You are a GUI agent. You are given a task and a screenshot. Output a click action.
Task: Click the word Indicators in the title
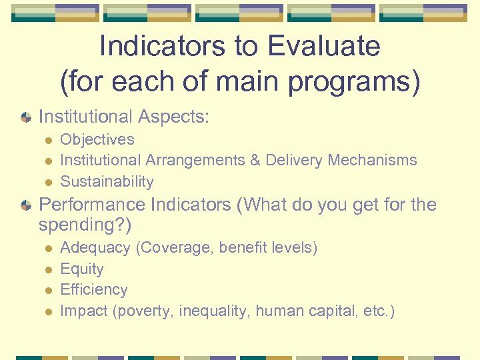point(171,47)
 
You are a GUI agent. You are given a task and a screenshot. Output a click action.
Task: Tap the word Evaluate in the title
point(324,47)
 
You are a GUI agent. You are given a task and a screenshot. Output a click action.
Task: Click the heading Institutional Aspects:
point(124,117)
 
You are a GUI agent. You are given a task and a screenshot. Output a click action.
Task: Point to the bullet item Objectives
point(97,139)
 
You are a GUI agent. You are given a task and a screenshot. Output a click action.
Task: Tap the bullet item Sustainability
point(107,181)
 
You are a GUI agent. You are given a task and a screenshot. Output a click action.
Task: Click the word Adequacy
point(95,248)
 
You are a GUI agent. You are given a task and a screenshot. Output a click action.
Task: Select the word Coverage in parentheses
point(172,248)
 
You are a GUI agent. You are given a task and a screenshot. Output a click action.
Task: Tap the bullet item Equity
point(82,269)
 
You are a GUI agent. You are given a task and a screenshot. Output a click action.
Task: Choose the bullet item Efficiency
point(94,289)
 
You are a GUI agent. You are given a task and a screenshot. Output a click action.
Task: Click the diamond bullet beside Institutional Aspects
point(25,117)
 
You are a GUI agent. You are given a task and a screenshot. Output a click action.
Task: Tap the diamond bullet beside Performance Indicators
point(25,205)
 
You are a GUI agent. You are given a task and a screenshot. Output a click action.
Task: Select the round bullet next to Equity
point(47,269)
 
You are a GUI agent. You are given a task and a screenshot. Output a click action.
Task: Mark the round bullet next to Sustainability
point(47,182)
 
